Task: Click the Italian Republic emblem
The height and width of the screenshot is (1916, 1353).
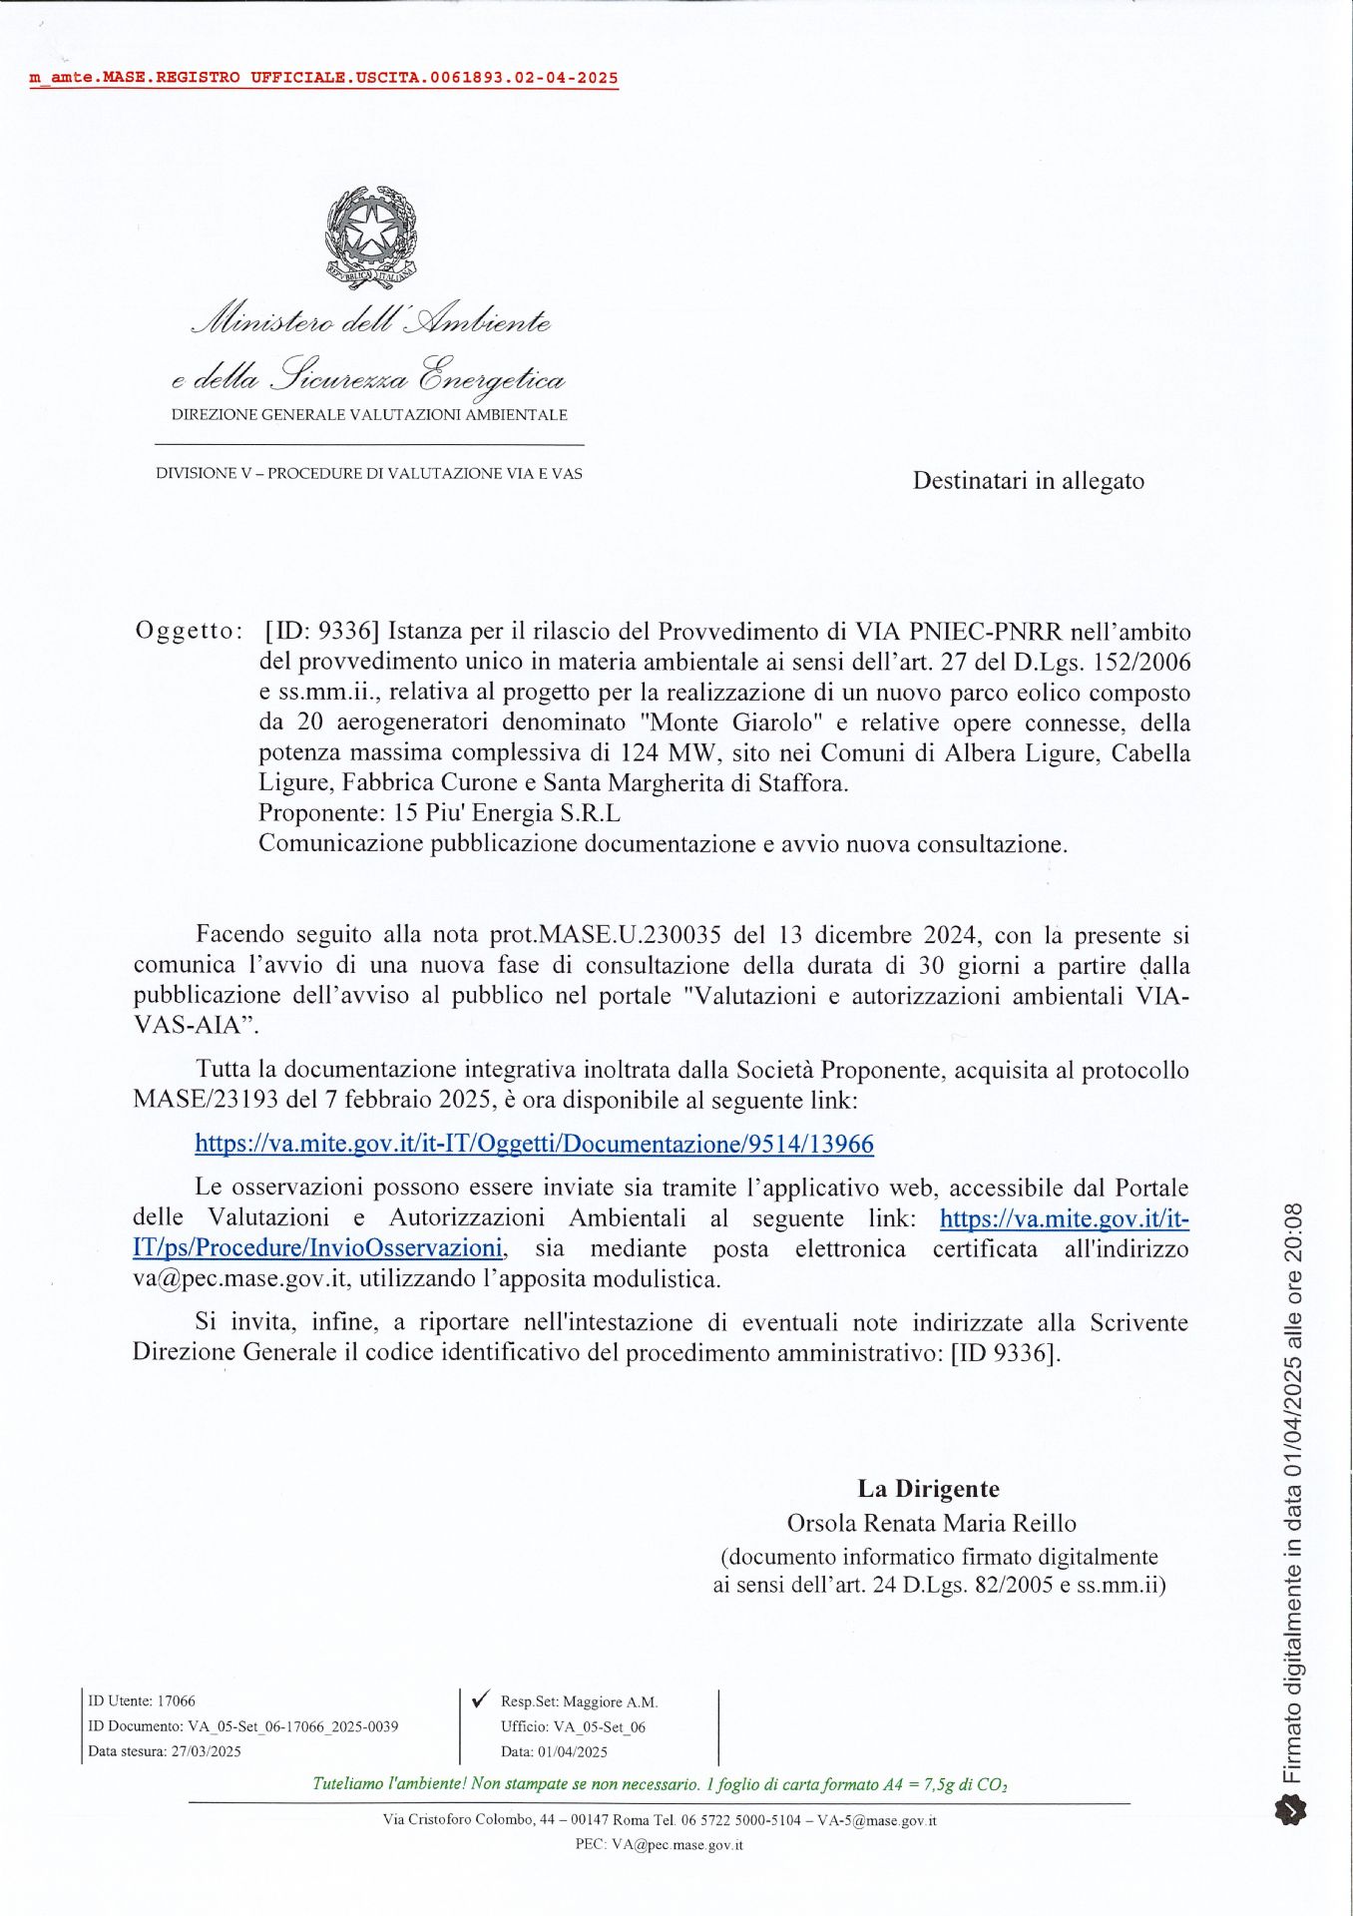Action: [371, 238]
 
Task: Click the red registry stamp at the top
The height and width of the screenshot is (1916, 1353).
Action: [323, 78]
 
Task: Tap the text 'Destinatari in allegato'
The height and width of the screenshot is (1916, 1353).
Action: [1028, 481]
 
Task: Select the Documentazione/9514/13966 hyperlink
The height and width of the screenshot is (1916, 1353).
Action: [534, 1144]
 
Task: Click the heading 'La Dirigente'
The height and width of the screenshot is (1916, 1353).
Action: [928, 1489]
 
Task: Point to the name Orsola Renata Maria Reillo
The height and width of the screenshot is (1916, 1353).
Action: [931, 1523]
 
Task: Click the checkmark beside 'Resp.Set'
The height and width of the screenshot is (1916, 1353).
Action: [480, 1698]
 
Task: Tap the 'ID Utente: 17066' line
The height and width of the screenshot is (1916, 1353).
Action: [142, 1700]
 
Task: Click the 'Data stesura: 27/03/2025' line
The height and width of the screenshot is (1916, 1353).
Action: [165, 1750]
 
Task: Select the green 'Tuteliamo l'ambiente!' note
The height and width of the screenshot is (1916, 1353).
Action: [660, 1784]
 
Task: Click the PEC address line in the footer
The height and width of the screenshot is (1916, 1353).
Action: [659, 1844]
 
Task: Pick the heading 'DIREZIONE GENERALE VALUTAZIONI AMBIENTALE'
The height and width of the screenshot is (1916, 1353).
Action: [369, 415]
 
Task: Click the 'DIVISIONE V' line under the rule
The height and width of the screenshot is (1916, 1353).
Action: [369, 473]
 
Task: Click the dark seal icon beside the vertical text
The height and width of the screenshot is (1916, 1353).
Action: [1291, 1808]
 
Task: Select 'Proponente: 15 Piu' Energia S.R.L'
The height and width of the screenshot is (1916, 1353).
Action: [439, 812]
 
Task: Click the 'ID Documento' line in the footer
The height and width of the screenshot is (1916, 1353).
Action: [243, 1725]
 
